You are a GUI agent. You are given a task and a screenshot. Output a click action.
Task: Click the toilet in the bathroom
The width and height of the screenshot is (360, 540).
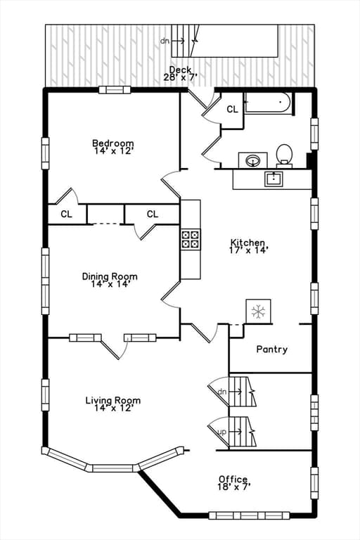[284, 156]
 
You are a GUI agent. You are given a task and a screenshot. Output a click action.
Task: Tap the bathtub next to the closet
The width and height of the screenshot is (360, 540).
[269, 102]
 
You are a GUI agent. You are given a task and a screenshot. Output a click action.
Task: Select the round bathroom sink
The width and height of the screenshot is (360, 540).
[253, 160]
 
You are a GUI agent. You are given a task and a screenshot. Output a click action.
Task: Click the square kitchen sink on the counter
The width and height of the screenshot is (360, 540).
[274, 179]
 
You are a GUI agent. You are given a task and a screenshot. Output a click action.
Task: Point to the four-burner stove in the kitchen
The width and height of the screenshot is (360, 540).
[191, 239]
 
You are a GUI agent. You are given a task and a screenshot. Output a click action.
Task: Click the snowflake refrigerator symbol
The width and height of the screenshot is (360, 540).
[258, 311]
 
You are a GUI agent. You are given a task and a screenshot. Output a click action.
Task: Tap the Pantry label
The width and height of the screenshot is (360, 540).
[272, 349]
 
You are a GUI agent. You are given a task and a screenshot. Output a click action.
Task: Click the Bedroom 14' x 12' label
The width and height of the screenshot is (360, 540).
[113, 147]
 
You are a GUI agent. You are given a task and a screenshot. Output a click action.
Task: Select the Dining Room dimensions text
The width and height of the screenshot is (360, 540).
[110, 284]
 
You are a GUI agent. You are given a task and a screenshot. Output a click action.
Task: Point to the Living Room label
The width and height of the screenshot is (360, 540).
[113, 400]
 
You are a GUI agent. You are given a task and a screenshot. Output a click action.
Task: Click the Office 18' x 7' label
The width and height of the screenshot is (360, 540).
[233, 483]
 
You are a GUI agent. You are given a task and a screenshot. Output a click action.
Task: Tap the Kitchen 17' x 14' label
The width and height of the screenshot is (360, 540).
[248, 246]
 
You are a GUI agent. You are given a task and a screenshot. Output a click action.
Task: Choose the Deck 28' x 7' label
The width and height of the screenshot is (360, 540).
[180, 74]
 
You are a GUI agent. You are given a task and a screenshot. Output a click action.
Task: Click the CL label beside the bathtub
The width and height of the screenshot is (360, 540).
[232, 109]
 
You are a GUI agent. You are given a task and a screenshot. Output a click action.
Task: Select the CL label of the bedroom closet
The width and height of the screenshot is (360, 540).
[67, 214]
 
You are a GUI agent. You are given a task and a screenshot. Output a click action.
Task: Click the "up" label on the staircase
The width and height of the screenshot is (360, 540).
[223, 432]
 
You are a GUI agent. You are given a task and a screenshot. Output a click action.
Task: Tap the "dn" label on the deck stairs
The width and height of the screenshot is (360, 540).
[165, 41]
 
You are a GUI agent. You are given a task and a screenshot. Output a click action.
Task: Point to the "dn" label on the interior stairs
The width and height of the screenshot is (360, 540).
[223, 392]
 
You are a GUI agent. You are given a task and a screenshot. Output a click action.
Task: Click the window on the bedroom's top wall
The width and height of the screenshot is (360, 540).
[115, 90]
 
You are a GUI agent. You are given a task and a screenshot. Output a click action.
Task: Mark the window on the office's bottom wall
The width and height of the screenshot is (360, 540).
[249, 515]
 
